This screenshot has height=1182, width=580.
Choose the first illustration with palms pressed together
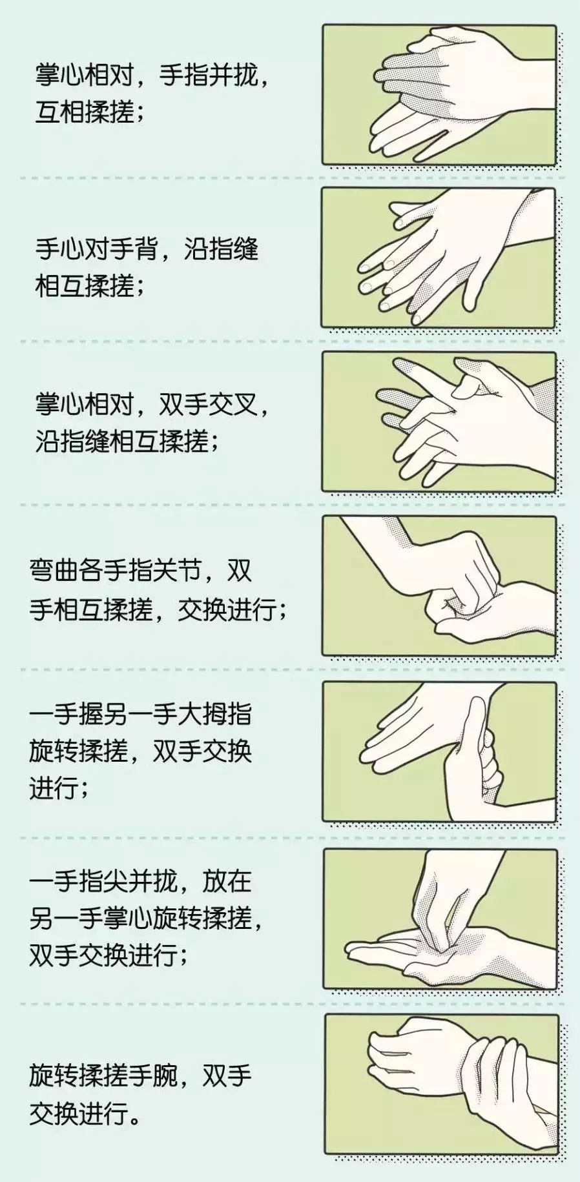click(x=439, y=95)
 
